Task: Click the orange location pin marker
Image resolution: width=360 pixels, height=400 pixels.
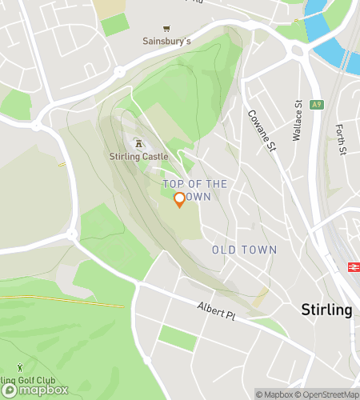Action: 179,200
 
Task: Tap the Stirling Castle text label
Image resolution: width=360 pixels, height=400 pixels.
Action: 140,157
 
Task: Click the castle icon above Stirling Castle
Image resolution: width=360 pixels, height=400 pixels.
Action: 140,144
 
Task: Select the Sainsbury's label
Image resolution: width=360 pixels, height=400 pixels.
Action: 166,42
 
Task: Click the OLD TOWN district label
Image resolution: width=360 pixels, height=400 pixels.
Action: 244,250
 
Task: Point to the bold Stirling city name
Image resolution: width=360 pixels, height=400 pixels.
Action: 326,310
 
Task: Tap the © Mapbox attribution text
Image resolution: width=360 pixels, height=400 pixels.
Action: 274,394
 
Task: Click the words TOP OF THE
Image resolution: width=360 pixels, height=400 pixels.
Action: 195,184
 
